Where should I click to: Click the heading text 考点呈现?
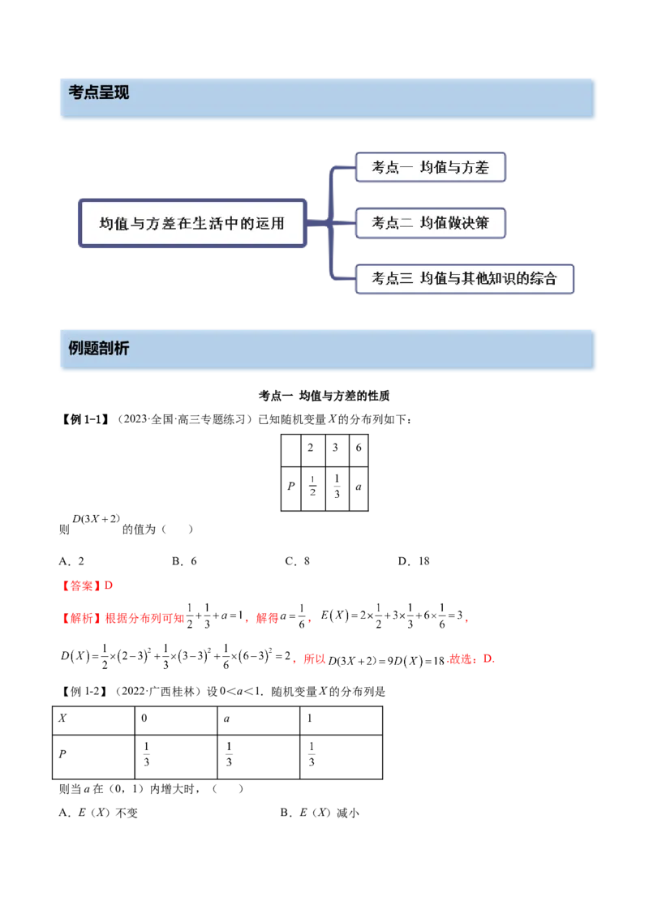click(99, 93)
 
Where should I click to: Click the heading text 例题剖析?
click(99, 349)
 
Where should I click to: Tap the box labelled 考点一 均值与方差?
click(430, 168)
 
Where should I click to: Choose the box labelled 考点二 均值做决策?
click(430, 223)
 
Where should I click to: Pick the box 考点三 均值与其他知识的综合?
click(464, 278)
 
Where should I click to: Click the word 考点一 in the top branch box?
click(389, 168)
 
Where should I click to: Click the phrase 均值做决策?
click(454, 223)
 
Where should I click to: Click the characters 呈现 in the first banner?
click(114, 93)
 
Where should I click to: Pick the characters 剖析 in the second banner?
click(114, 349)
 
